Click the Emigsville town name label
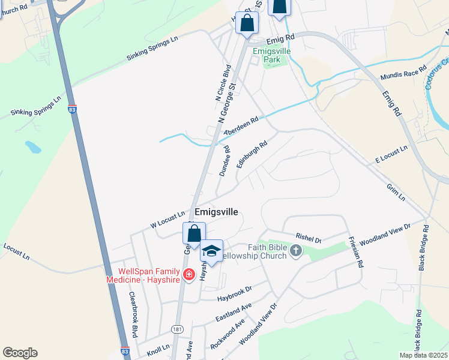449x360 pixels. [217, 212]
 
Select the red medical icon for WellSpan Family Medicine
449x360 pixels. [188, 275]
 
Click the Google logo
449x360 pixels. [20, 353]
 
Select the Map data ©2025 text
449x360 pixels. [423, 355]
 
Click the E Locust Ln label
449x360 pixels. [391, 154]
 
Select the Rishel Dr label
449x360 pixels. [309, 238]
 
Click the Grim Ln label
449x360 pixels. [396, 193]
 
